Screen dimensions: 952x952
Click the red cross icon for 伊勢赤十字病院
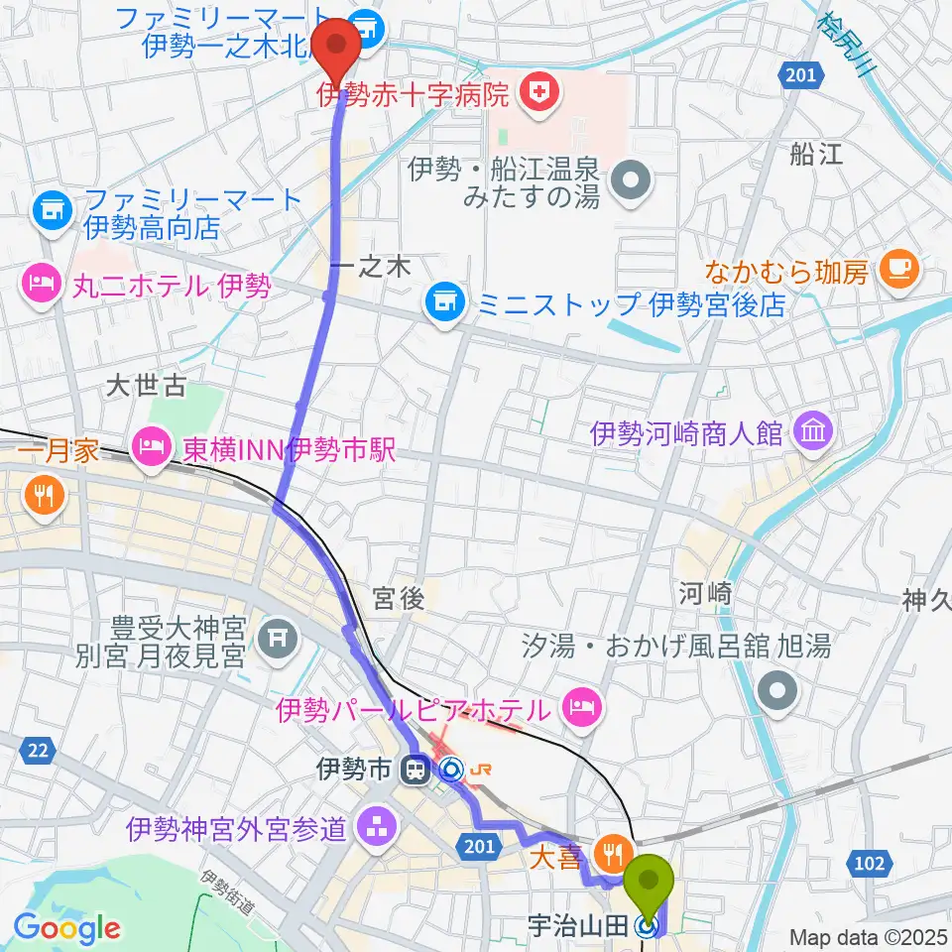(x=543, y=94)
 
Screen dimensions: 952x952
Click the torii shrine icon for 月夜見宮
(x=271, y=642)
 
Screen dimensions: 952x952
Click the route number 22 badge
(x=38, y=752)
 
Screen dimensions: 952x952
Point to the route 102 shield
(x=869, y=864)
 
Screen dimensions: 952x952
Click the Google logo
(x=67, y=928)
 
